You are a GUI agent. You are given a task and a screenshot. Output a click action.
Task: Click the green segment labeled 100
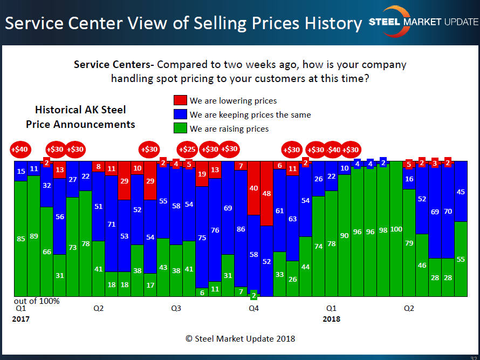coord(396,229)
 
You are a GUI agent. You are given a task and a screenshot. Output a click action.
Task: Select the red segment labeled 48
coord(266,193)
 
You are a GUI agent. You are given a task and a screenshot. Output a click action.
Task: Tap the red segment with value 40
coord(253,188)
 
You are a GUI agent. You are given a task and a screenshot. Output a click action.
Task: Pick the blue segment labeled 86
coord(241,229)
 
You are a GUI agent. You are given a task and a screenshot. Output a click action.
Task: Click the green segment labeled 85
coord(21,239)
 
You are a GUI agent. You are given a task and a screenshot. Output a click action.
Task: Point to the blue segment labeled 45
coord(461,192)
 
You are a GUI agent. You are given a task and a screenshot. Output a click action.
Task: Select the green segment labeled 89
coord(34,236)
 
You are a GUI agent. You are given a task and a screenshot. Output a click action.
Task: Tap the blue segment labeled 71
coord(112,223)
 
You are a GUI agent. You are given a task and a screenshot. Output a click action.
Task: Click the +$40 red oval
coord(21,150)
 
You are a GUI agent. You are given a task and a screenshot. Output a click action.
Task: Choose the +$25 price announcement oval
coord(187,150)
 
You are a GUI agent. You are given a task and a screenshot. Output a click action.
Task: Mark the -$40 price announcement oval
coord(333,150)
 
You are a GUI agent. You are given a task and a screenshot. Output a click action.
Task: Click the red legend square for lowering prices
coord(180,100)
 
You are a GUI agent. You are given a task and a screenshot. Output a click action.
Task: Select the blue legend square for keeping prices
coord(180,114)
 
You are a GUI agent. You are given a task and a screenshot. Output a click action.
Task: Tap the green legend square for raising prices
coord(180,128)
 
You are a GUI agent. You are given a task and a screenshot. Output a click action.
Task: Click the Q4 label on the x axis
coord(253,309)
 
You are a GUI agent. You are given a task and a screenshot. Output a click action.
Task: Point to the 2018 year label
coord(332,319)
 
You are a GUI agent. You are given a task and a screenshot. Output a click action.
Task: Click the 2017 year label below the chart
coord(21,319)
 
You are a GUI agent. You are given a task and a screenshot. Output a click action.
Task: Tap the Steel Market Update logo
coord(423,22)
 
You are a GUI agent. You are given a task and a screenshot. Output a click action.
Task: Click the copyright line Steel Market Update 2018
coord(240,339)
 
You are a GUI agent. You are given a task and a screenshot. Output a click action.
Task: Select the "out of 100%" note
coord(37,301)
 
